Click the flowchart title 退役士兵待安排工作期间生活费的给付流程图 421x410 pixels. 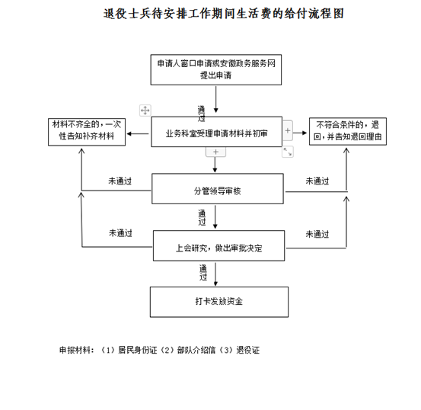[x=224, y=14]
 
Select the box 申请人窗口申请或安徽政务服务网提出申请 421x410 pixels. [x=216, y=69]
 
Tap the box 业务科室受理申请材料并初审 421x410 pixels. [x=217, y=132]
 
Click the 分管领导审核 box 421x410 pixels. [x=218, y=188]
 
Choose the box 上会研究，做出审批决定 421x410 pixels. [x=218, y=245]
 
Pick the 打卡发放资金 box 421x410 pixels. [x=219, y=302]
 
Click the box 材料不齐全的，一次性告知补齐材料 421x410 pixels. [x=87, y=132]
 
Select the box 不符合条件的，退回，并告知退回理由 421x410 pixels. [x=348, y=132]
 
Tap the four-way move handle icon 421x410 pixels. [x=145, y=111]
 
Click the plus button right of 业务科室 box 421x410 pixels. [x=288, y=130]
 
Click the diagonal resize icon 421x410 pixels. [x=288, y=152]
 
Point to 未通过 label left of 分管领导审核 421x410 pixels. [x=120, y=181]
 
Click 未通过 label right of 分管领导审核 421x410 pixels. [x=317, y=181]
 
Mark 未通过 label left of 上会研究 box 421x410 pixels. [x=120, y=233]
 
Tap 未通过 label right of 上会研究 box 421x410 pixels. [x=317, y=234]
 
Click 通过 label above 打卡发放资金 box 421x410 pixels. [x=203, y=273]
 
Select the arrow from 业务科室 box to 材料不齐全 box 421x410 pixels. [x=138, y=133]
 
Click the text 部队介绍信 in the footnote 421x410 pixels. [x=196, y=350]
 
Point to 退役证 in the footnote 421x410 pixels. [x=248, y=350]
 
